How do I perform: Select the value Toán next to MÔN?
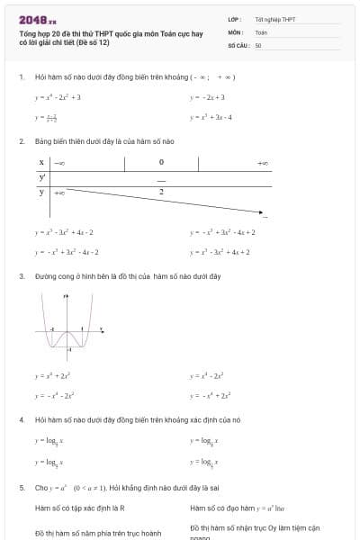coord(261,31)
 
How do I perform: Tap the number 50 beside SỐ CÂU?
coord(258,44)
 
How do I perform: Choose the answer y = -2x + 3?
coord(208,96)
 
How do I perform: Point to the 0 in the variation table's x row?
coord(161,163)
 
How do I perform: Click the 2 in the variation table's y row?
coord(161,192)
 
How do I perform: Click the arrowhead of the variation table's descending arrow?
coord(262,213)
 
